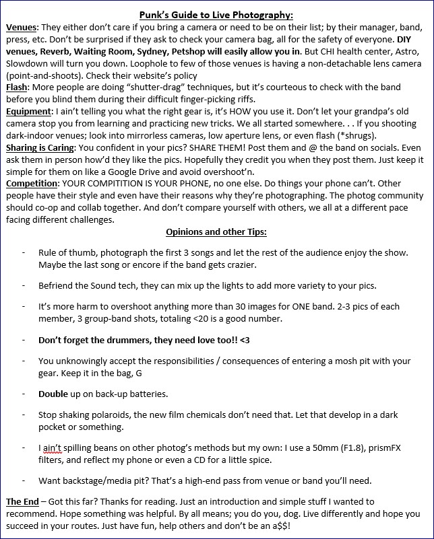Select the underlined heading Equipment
coord(28,111)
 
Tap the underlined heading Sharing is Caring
coord(44,148)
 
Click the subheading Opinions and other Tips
coord(216,232)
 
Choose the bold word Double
coord(54,394)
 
